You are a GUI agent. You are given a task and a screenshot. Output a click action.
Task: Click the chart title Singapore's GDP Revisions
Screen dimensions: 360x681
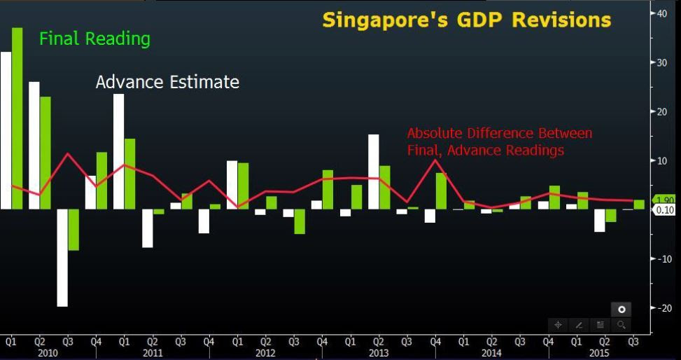[466, 20]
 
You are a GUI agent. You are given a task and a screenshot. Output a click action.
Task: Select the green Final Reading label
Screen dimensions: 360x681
[94, 39]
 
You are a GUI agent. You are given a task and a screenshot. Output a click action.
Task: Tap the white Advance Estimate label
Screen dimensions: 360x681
[167, 82]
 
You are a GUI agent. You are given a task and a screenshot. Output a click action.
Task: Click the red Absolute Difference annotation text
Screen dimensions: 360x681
[499, 141]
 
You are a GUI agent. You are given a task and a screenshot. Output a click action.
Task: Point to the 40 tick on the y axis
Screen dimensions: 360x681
[661, 13]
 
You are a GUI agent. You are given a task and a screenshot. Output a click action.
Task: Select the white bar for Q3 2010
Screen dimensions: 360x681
[62, 257]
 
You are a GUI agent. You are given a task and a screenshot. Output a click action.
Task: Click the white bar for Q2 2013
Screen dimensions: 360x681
[374, 172]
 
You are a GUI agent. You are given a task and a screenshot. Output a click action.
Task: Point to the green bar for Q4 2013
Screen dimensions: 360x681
[441, 191]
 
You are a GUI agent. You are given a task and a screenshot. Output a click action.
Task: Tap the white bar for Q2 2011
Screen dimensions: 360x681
[147, 228]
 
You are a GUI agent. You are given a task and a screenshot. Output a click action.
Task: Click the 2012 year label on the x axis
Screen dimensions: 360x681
[265, 353]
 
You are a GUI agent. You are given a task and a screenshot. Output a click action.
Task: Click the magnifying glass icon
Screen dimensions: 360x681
[621, 324]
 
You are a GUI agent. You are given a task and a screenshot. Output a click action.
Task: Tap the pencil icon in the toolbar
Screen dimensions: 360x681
[579, 324]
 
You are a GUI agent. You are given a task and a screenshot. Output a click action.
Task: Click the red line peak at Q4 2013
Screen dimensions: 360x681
[436, 160]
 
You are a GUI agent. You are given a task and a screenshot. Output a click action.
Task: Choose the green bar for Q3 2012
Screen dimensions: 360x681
[300, 221]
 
